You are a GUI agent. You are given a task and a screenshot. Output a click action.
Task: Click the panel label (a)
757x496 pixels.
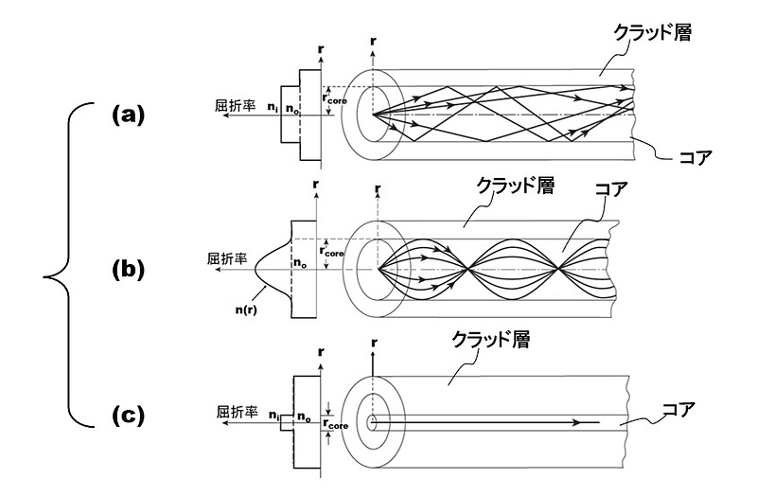127,115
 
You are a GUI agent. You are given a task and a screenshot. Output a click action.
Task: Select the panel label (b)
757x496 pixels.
127,270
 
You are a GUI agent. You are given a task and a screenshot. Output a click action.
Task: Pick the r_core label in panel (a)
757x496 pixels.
342,97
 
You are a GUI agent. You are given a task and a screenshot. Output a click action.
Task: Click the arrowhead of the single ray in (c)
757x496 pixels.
596,421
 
